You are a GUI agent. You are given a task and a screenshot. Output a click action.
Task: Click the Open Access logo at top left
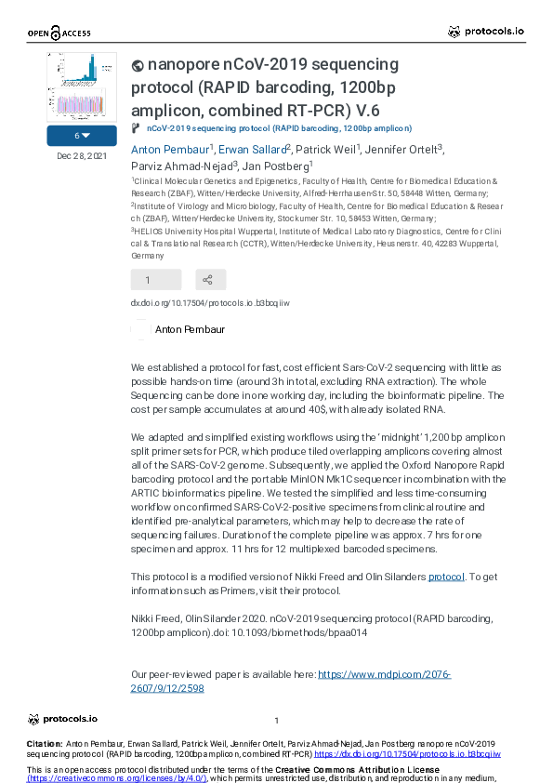click(x=59, y=33)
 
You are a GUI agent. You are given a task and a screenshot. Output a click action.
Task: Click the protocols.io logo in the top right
click(x=485, y=32)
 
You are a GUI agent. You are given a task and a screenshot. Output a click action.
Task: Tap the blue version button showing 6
click(x=82, y=136)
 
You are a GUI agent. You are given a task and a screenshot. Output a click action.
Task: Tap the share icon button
click(x=210, y=279)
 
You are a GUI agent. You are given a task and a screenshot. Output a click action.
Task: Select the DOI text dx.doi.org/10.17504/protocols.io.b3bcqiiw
click(x=210, y=303)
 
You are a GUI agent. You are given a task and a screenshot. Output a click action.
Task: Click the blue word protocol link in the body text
click(x=446, y=577)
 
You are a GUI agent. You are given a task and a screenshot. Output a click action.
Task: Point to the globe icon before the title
click(x=138, y=65)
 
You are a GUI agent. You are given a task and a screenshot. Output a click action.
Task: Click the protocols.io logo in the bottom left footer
click(x=62, y=719)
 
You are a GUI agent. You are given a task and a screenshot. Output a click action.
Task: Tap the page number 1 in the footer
click(x=277, y=721)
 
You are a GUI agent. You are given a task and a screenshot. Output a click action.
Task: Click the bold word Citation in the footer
click(x=45, y=744)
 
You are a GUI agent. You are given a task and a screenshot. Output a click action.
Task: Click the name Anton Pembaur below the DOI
click(x=190, y=329)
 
